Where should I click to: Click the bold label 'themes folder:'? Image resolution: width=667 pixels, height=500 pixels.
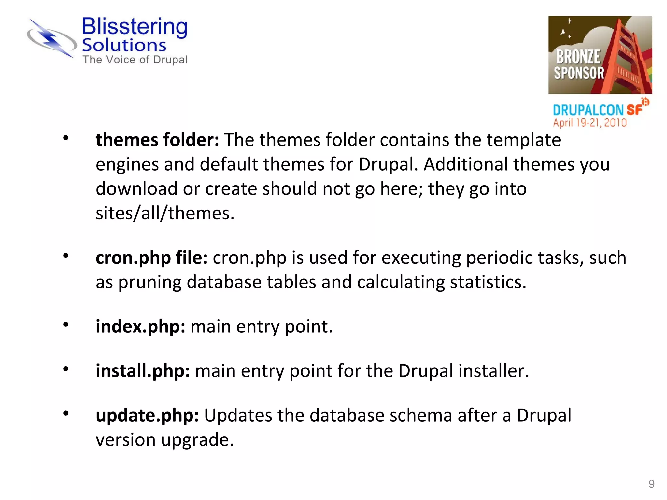pyautogui.click(x=157, y=140)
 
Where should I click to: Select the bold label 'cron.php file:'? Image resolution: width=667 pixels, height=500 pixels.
pyautogui.click(x=152, y=258)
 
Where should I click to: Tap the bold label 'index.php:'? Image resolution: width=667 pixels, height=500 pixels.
pyautogui.click(x=140, y=326)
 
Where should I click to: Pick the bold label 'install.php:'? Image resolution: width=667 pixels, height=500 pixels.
pyautogui.click(x=143, y=371)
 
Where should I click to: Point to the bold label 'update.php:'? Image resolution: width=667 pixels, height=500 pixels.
pyautogui.click(x=147, y=416)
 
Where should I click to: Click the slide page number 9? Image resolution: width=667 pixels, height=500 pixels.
pyautogui.click(x=651, y=484)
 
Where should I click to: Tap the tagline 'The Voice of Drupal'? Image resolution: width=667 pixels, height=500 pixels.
pyautogui.click(x=135, y=60)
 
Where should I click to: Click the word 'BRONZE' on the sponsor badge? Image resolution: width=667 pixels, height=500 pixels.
pyautogui.click(x=578, y=57)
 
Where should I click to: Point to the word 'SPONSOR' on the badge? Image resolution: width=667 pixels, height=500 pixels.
pyautogui.click(x=579, y=73)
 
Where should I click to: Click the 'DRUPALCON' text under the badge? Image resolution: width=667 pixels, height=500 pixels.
pyautogui.click(x=588, y=110)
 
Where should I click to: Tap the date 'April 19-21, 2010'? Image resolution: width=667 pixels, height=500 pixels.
pyautogui.click(x=590, y=123)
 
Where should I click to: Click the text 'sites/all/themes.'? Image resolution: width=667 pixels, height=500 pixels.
pyautogui.click(x=165, y=214)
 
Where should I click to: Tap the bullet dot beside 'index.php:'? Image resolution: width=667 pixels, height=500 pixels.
pyautogui.click(x=66, y=325)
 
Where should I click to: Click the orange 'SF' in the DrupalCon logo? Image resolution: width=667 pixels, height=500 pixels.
pyautogui.click(x=634, y=110)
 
